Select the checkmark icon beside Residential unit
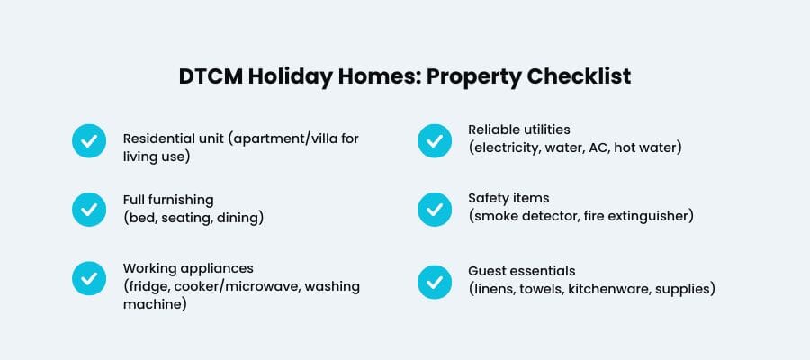click(x=88, y=140)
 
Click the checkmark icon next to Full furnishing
click(x=88, y=209)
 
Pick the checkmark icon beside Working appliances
click(x=88, y=278)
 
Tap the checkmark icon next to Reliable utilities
click(x=434, y=140)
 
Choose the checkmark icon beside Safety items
click(x=434, y=209)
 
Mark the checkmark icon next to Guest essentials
click(x=434, y=281)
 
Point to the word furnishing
click(x=183, y=200)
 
